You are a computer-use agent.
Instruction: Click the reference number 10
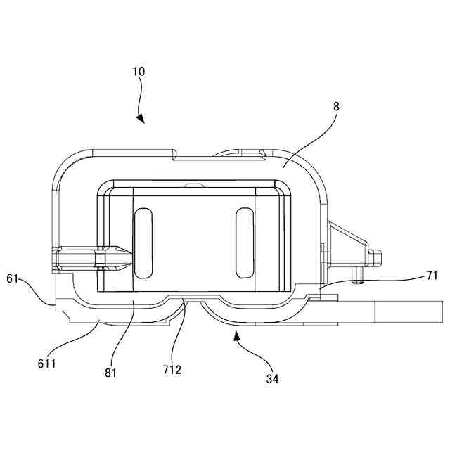(139, 72)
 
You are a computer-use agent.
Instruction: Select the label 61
(12, 278)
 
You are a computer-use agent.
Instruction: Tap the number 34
(272, 379)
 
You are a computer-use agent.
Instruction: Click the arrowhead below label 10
(141, 119)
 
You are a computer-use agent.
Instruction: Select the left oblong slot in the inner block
(143, 240)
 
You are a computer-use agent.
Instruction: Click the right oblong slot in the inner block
(244, 240)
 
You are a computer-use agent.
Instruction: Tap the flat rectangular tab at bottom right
(408, 311)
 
